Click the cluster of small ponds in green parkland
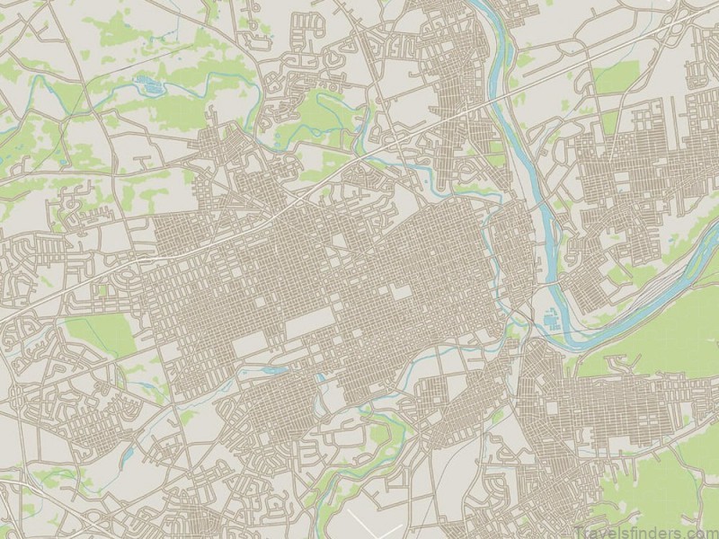[x=146, y=85]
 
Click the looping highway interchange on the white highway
[x=395, y=144]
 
